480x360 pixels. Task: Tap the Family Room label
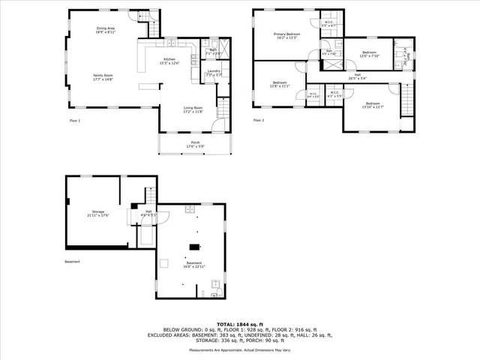[103, 77]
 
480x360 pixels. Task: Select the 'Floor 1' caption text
[74, 120]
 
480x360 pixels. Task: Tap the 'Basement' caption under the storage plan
[72, 262]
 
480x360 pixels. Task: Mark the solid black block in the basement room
[195, 246]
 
